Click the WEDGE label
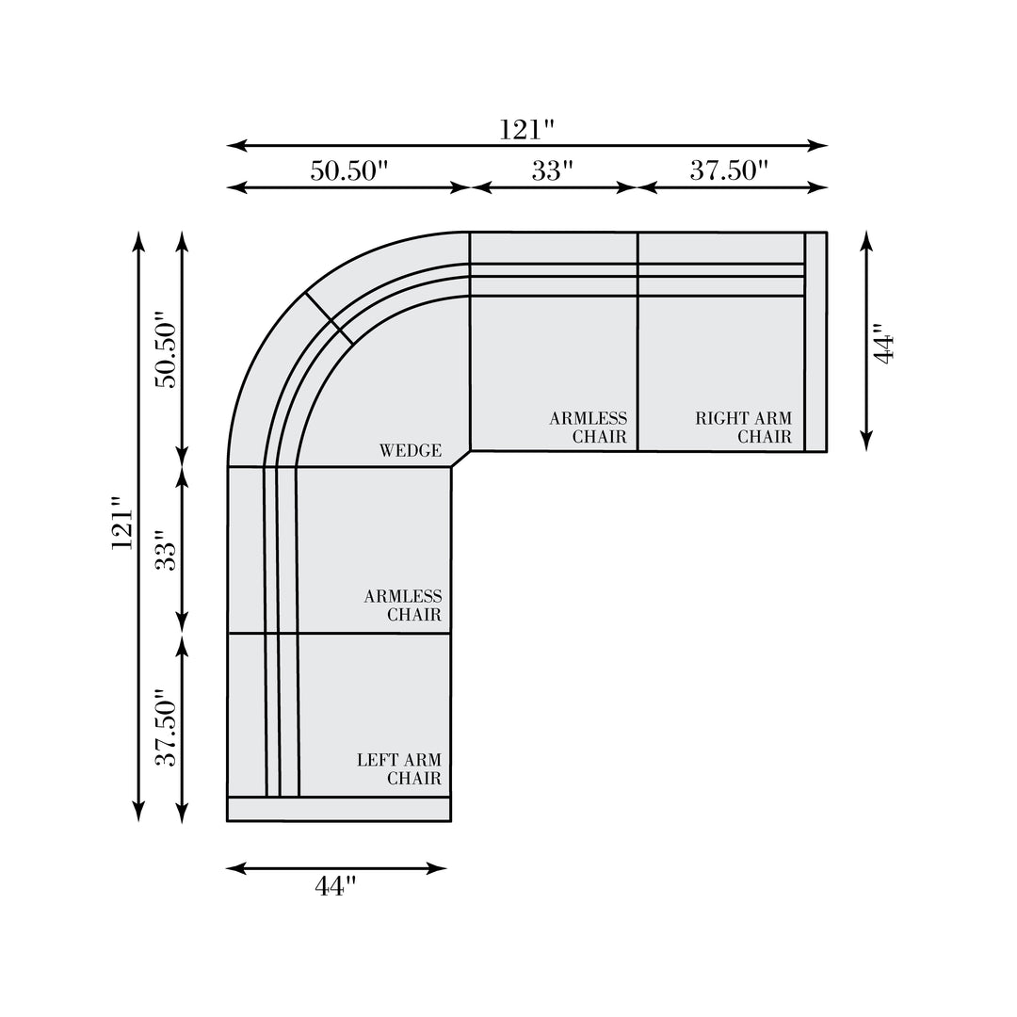coord(410,450)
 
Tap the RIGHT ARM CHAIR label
coord(743,428)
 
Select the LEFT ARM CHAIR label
coord(399,768)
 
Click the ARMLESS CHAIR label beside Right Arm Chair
coord(589,428)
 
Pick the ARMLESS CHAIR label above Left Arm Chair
coord(403,605)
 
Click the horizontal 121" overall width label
coord(526,130)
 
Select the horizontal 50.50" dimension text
coord(349,170)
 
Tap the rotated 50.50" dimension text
coord(166,349)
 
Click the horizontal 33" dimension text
coord(553,170)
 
